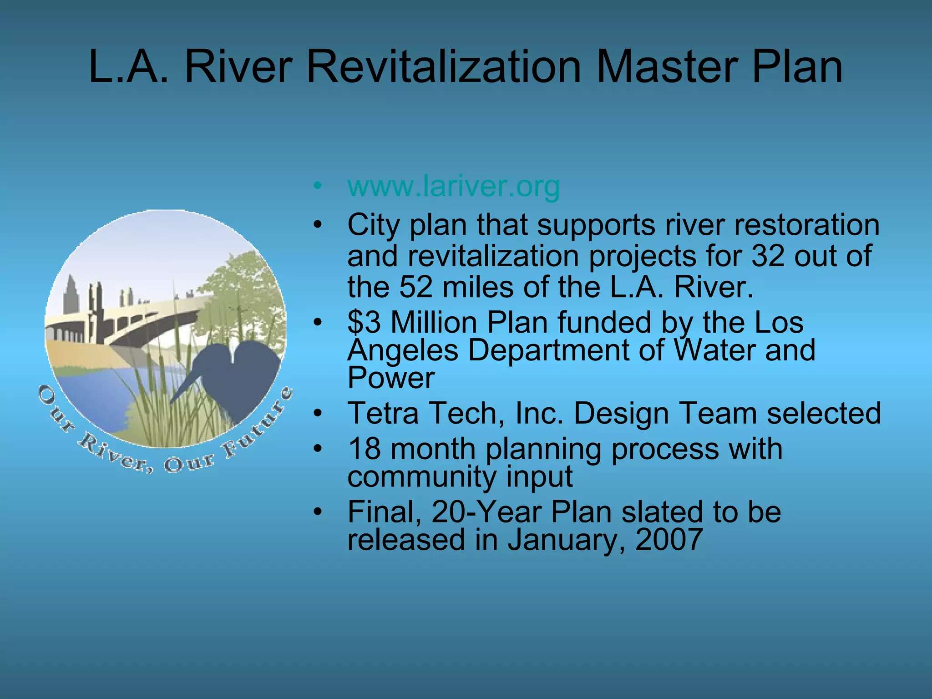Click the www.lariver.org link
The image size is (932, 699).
click(453, 187)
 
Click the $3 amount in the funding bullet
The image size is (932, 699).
click(364, 322)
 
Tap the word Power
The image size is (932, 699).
click(391, 378)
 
